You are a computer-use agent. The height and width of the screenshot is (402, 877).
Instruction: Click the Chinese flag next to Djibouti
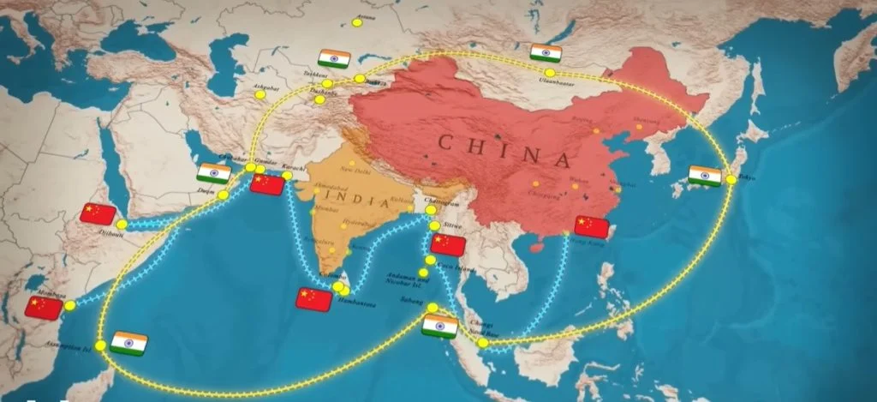(98, 214)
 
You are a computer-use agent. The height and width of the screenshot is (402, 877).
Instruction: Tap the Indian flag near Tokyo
(705, 176)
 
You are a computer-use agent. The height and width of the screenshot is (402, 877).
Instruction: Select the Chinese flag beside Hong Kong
(592, 226)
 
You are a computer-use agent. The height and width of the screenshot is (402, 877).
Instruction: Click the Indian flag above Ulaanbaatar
(546, 53)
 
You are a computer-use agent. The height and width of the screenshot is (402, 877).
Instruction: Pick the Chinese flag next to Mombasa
(44, 307)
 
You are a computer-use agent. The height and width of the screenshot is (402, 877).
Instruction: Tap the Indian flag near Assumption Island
(128, 343)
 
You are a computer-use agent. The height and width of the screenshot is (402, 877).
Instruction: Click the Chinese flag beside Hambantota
(313, 299)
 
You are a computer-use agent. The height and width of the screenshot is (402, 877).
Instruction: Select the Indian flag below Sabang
(440, 327)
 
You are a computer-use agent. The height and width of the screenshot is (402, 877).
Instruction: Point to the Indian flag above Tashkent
(334, 58)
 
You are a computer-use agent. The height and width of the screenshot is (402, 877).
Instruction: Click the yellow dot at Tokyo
(731, 180)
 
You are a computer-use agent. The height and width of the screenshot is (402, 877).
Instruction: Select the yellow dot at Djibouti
(122, 225)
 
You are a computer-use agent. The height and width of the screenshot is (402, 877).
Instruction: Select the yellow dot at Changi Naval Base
(484, 343)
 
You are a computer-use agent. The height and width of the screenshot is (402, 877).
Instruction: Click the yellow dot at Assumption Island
(101, 345)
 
